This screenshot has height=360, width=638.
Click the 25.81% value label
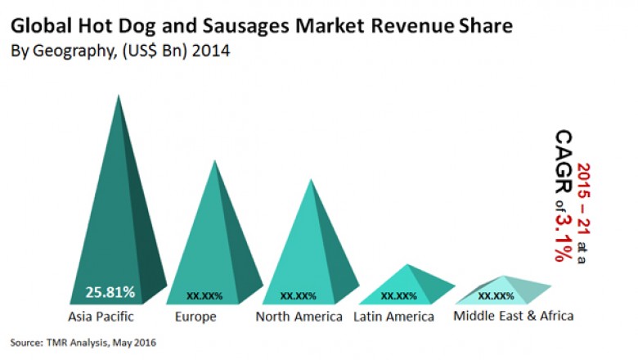pyautogui.click(x=110, y=291)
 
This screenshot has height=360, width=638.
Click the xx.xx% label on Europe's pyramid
pyautogui.click(x=204, y=295)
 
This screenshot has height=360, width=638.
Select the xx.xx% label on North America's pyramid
pyautogui.click(x=299, y=295)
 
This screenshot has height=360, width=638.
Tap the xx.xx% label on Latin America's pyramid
pyautogui.click(x=399, y=295)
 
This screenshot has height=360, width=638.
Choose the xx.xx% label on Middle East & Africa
pyautogui.click(x=496, y=295)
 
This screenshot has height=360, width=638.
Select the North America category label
pyautogui.click(x=299, y=316)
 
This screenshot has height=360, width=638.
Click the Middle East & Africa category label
pyautogui.click(x=514, y=316)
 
